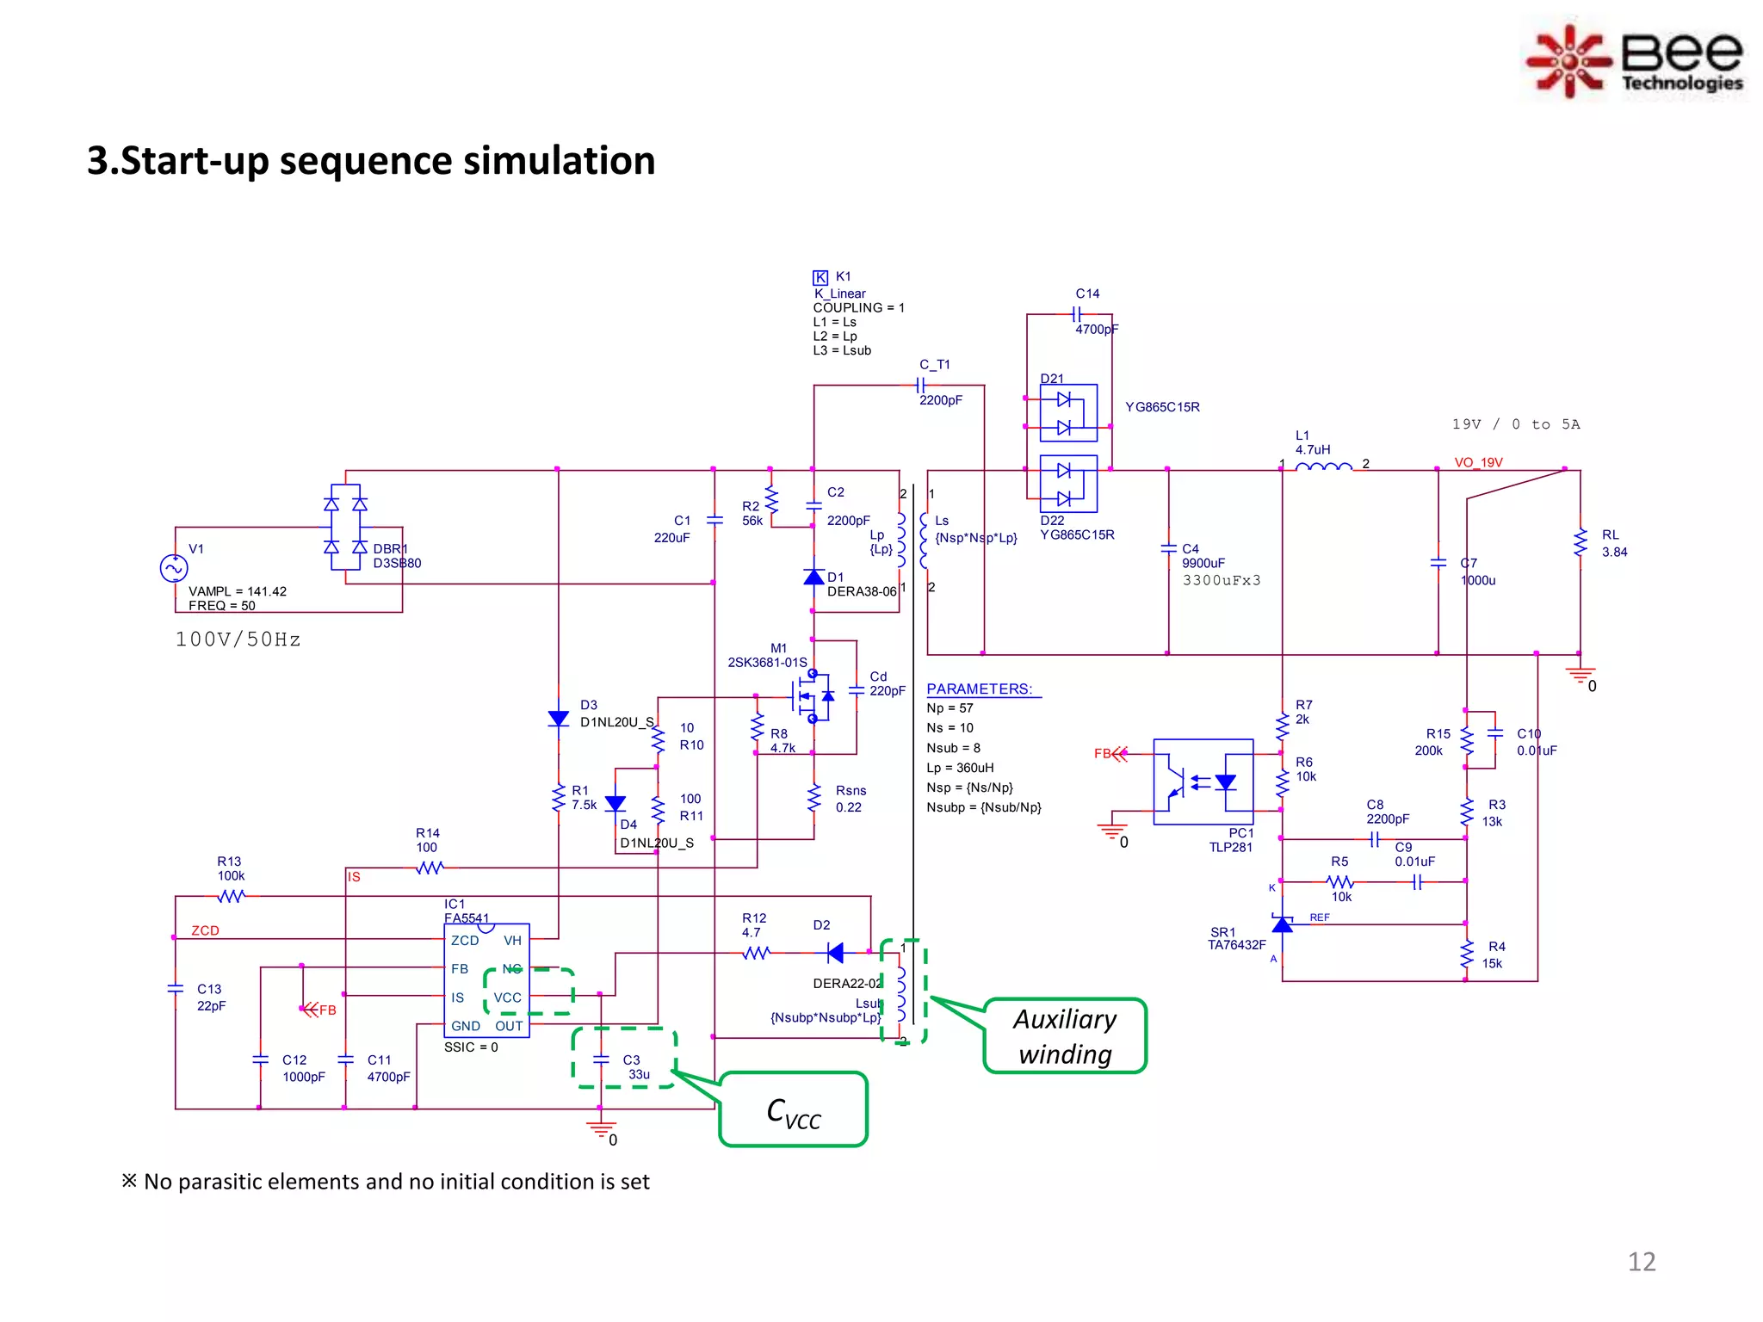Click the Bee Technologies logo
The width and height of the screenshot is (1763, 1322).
tap(1635, 60)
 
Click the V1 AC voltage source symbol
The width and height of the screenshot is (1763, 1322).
tap(174, 568)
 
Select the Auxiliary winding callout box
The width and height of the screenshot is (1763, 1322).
tap(1065, 1036)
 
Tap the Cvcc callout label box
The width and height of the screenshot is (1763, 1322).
tap(793, 1110)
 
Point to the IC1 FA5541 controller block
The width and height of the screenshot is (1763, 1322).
tap(486, 981)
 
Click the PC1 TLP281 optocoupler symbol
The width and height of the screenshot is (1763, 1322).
tap(1203, 781)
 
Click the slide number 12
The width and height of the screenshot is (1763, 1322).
tap(1641, 1261)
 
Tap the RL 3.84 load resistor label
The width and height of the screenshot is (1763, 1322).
tap(1613, 543)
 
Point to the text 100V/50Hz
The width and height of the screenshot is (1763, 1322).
tap(238, 639)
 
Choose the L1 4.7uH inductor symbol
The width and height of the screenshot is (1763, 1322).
tap(1323, 466)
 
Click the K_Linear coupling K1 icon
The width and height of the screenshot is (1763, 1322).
tap(820, 277)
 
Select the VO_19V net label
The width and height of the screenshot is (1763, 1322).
tap(1478, 462)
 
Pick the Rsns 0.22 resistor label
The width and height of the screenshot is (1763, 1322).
tap(850, 799)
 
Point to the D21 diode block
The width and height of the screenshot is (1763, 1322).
tap(1067, 413)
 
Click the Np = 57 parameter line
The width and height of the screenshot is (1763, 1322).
tap(950, 708)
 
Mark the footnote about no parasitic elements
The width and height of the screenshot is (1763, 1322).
tap(386, 1182)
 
